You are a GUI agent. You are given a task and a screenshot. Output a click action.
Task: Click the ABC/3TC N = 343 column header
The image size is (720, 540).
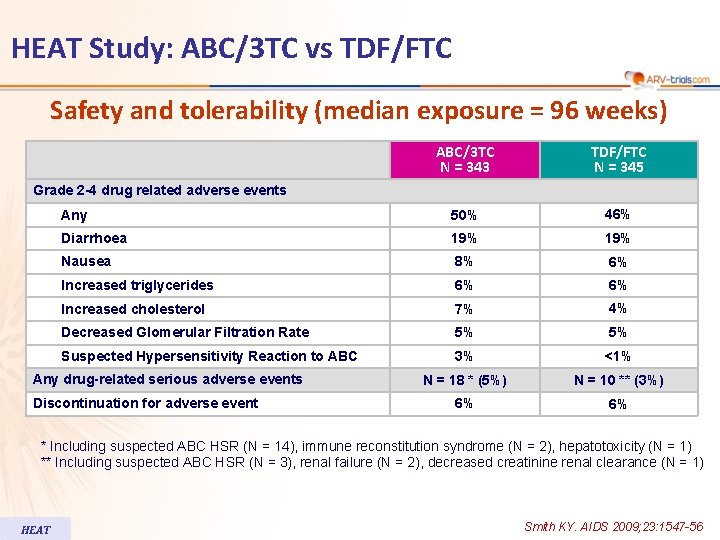pyautogui.click(x=464, y=159)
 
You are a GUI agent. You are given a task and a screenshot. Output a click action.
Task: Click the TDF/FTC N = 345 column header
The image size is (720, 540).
pyautogui.click(x=618, y=159)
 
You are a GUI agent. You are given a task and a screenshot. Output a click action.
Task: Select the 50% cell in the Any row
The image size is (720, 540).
pyautogui.click(x=463, y=216)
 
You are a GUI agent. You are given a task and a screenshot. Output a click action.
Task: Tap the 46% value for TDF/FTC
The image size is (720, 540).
pyautogui.click(x=617, y=215)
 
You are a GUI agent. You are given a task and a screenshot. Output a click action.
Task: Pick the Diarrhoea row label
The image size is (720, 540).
pyautogui.click(x=94, y=238)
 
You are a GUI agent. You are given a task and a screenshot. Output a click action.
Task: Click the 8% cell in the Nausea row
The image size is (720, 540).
pyautogui.click(x=463, y=262)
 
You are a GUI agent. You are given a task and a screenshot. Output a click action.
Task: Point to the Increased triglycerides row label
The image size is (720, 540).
pyautogui.click(x=137, y=285)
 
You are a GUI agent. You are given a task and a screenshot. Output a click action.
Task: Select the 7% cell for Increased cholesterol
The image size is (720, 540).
pyautogui.click(x=463, y=309)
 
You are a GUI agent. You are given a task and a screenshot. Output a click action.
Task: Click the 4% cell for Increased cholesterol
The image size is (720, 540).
pyautogui.click(x=617, y=308)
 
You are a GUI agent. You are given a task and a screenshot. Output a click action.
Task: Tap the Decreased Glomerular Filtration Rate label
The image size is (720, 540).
pyautogui.click(x=185, y=332)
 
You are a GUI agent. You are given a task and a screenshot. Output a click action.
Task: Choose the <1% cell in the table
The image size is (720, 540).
pyautogui.click(x=617, y=356)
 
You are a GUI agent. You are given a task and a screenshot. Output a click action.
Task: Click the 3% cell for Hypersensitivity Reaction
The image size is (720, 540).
pyautogui.click(x=463, y=356)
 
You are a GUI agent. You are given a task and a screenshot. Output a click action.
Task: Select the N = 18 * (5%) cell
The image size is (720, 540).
pyautogui.click(x=464, y=380)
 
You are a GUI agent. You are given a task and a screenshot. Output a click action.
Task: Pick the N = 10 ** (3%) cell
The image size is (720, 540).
pyautogui.click(x=618, y=380)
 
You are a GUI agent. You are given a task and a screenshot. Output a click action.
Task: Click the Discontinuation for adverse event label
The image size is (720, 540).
pyautogui.click(x=145, y=403)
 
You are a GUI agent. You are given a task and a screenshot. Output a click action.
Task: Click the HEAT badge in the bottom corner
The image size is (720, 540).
pyautogui.click(x=36, y=529)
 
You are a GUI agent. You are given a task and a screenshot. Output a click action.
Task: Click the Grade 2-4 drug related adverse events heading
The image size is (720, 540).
pyautogui.click(x=160, y=190)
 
